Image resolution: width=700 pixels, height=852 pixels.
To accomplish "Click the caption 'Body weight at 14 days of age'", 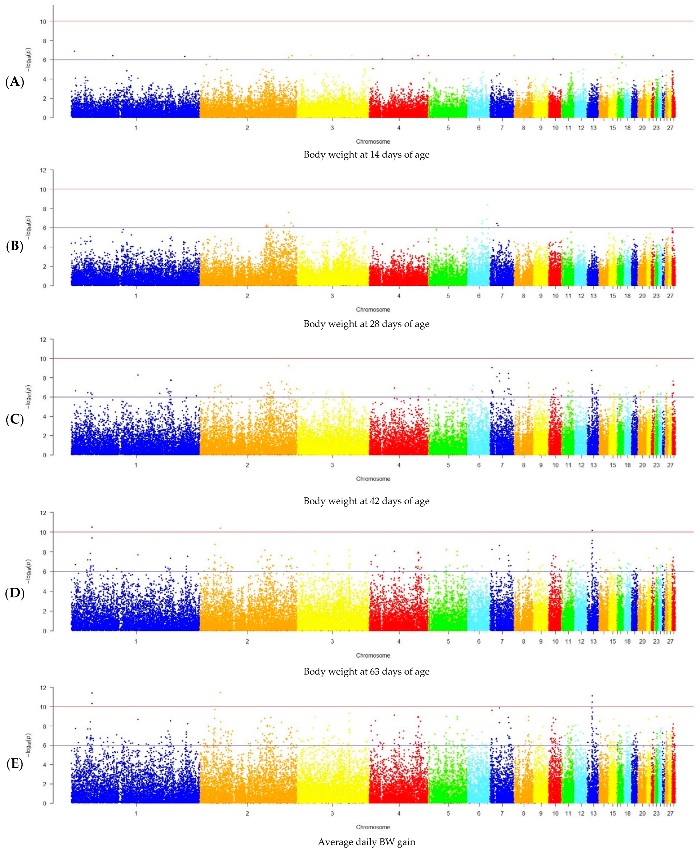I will coord(366,154).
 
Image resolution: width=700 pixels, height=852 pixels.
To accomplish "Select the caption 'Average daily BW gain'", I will coord(366,842).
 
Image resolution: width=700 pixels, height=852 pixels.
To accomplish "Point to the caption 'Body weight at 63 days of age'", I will coord(366,672).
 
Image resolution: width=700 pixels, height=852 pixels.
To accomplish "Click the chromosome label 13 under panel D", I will coord(593,641).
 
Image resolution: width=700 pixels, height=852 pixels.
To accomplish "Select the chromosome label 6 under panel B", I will coord(479,296).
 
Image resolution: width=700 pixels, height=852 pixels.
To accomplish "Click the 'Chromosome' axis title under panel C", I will coord(373,479).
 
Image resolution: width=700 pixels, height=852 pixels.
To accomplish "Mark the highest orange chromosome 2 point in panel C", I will coord(289,365).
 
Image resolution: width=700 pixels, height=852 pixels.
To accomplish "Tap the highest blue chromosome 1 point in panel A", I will coord(75,51).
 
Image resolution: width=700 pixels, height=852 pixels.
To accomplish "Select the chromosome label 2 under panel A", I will coord(247,128).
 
